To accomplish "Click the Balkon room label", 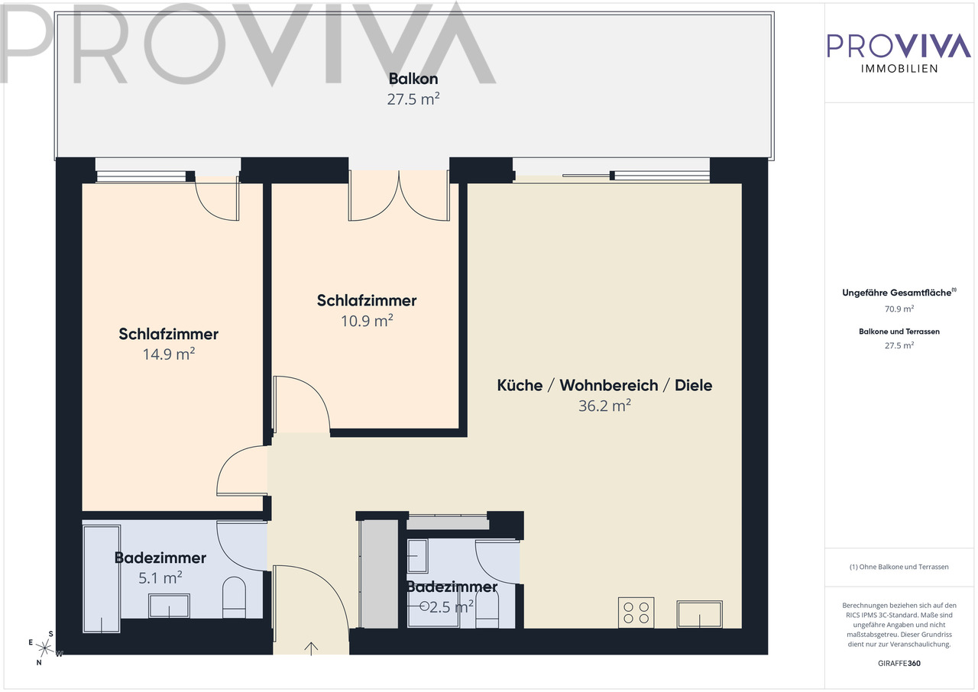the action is coord(413,79).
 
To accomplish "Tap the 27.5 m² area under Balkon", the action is coord(413,99).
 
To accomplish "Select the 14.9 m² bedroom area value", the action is coord(169,354).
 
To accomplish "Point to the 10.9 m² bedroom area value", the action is coord(367,321).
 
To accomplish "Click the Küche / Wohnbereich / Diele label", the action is coord(604,385).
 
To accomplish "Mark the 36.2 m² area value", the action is coord(604,406).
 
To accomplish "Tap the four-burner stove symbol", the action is coord(636,613).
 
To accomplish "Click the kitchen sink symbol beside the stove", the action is coord(699,614).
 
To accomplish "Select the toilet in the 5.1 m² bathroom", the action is coord(234,598).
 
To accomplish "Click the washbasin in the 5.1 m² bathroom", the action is coord(169,606).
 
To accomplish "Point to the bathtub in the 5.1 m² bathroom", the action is coord(102,579).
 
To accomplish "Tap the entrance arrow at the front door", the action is coord(311,648).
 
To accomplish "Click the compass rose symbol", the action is coord(44,648).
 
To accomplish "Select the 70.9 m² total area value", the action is coord(899,309).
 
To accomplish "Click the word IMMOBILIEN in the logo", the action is coord(899,69).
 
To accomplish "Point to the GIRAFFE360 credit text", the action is coord(899,664).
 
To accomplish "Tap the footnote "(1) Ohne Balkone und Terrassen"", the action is coord(899,567).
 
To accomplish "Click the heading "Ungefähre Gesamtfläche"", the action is coord(899,293).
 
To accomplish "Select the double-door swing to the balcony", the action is coord(399,196).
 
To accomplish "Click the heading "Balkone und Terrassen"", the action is coord(899,331).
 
